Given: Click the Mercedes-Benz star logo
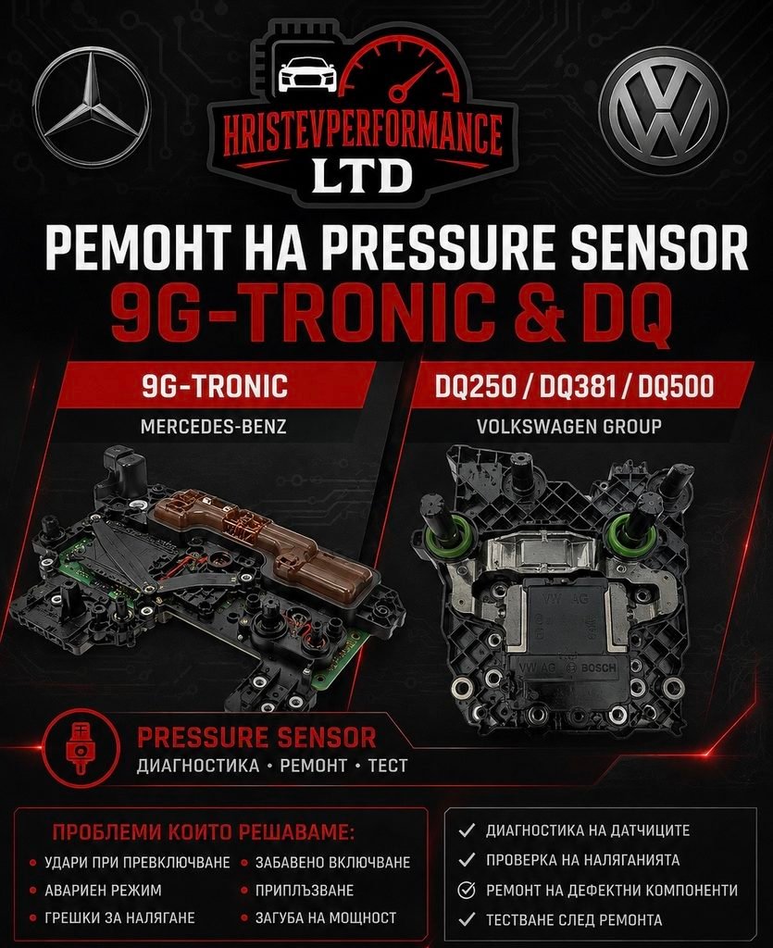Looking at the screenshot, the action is click(x=92, y=107).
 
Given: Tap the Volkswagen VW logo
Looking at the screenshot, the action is click(x=663, y=109).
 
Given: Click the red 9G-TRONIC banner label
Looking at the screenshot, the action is click(x=215, y=386).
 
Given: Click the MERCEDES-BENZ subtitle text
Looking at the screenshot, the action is click(x=213, y=427).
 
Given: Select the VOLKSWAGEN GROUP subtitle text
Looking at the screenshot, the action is click(x=568, y=426).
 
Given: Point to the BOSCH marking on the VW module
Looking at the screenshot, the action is click(x=598, y=668).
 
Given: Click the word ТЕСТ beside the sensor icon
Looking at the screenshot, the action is click(x=387, y=766).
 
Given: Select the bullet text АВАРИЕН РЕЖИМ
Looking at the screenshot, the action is click(x=103, y=891).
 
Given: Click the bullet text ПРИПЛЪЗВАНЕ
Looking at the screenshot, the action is click(x=304, y=891).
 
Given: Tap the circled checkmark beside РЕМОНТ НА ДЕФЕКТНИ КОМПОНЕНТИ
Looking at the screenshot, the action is click(x=467, y=890).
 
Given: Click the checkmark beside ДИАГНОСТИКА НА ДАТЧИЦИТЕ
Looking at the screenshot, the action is click(x=467, y=830).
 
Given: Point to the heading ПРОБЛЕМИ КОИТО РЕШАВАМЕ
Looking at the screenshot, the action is click(x=203, y=832).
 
